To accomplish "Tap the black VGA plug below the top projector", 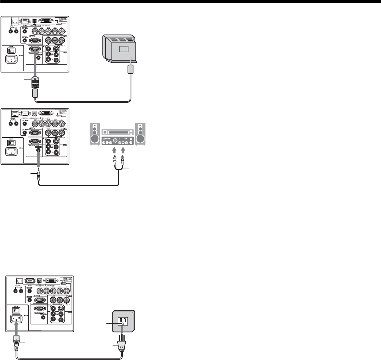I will pyautogui.click(x=35, y=82).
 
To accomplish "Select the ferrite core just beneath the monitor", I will pyautogui.click(x=131, y=70).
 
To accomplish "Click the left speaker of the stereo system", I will pyautogui.click(x=94, y=134).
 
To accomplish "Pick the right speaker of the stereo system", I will pyautogui.click(x=141, y=134).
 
